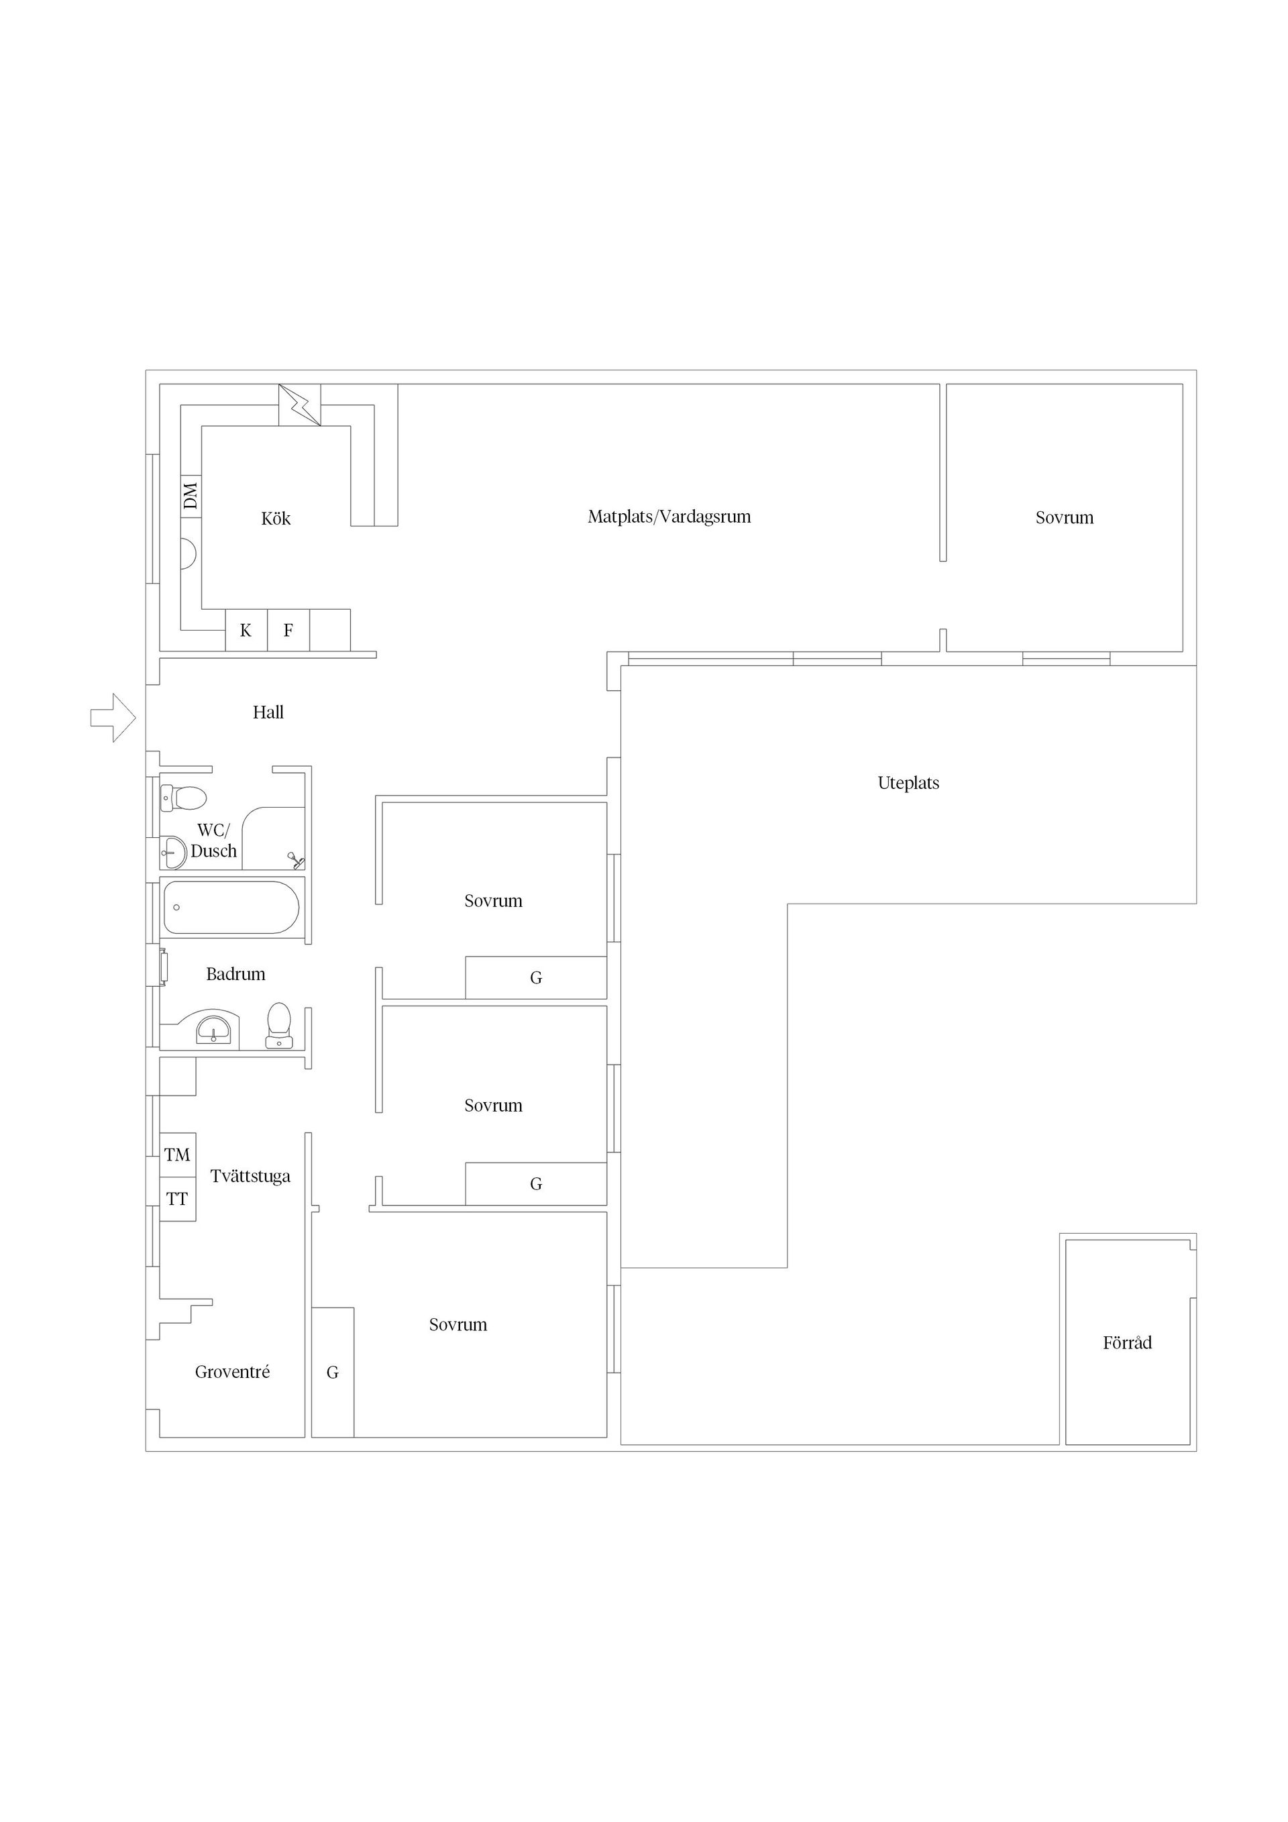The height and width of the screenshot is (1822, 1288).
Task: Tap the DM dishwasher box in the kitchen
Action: [x=191, y=497]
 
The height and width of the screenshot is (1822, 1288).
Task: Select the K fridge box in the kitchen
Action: [x=246, y=630]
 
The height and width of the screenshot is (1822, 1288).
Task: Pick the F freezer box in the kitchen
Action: [x=288, y=630]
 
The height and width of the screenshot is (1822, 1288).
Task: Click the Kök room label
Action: [x=276, y=518]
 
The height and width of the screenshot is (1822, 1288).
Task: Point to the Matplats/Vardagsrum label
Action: [x=669, y=517]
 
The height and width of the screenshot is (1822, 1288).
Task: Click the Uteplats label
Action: [x=909, y=784]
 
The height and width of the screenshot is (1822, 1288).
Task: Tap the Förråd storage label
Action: [x=1127, y=1343]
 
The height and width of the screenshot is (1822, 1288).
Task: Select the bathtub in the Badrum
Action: [x=231, y=907]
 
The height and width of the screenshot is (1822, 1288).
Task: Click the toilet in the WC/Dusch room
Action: [x=183, y=798]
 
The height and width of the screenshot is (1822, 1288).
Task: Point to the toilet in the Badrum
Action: [x=278, y=1025]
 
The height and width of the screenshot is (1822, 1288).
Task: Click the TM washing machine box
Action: [x=178, y=1155]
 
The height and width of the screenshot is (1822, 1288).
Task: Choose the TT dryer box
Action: [x=178, y=1198]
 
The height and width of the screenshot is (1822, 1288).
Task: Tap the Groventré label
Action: [x=233, y=1372]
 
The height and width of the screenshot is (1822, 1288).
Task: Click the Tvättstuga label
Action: [x=250, y=1176]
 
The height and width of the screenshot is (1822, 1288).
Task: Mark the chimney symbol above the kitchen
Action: [x=300, y=405]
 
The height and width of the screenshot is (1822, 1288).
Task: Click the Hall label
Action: [x=268, y=712]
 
